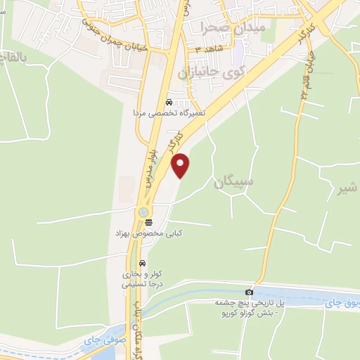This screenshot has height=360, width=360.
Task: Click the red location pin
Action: [181, 165]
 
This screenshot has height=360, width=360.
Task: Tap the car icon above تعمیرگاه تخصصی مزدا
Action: [168, 103]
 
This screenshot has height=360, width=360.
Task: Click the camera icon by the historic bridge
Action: [249, 292]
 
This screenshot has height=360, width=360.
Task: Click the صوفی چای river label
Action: [98, 340]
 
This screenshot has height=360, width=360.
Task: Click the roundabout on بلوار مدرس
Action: [143, 212]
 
